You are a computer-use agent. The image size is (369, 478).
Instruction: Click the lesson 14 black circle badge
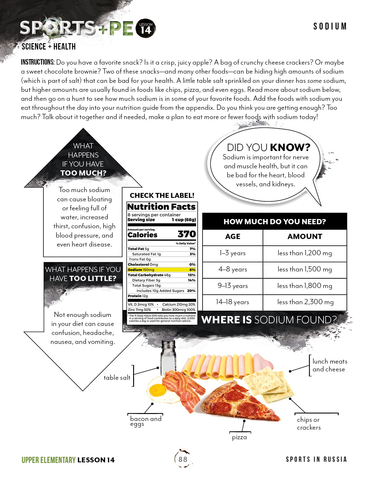coord(146,28)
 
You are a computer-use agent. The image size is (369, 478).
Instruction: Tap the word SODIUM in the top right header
coord(330,27)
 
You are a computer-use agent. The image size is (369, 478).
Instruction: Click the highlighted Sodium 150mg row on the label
coord(161,270)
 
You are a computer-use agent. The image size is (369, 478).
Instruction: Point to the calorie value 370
coord(187,234)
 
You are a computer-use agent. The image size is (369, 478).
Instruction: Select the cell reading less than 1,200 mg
coord(305,253)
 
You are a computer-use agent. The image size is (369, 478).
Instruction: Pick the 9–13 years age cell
coord(233,286)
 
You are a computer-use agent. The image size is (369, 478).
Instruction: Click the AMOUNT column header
coord(305,237)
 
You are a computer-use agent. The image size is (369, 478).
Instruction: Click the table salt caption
coord(117,378)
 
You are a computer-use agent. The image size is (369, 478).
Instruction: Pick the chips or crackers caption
coord(309,424)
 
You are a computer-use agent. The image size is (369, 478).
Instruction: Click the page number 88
coord(183,459)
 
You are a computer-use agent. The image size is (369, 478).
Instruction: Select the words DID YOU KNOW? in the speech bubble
coord(268,147)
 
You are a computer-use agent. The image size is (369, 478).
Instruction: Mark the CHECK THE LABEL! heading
coord(162,196)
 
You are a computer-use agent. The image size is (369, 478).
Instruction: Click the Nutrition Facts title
coord(161,207)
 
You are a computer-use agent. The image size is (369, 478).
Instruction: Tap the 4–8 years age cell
coord(233,269)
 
